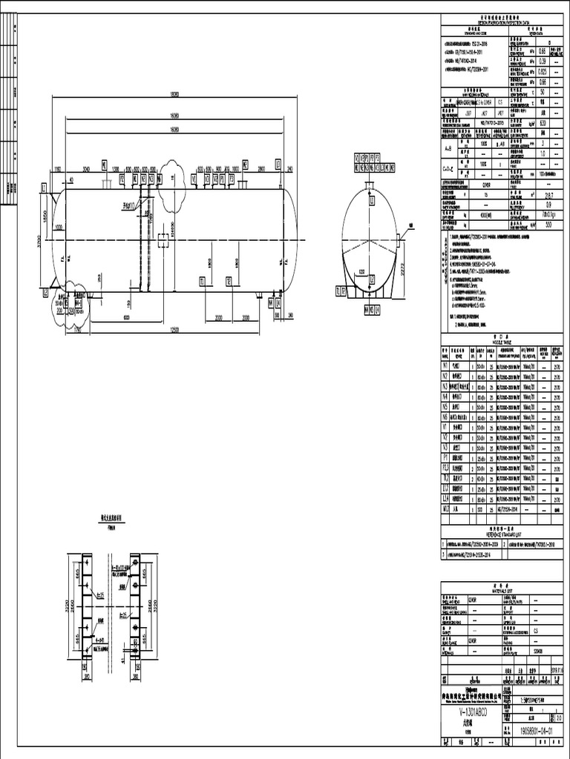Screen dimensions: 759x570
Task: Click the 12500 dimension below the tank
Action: coord(174,329)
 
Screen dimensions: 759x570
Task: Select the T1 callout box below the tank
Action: coord(202,281)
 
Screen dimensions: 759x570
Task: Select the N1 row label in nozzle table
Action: coord(446,366)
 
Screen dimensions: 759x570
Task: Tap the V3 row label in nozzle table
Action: coord(446,448)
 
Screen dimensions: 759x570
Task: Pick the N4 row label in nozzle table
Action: coord(446,397)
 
